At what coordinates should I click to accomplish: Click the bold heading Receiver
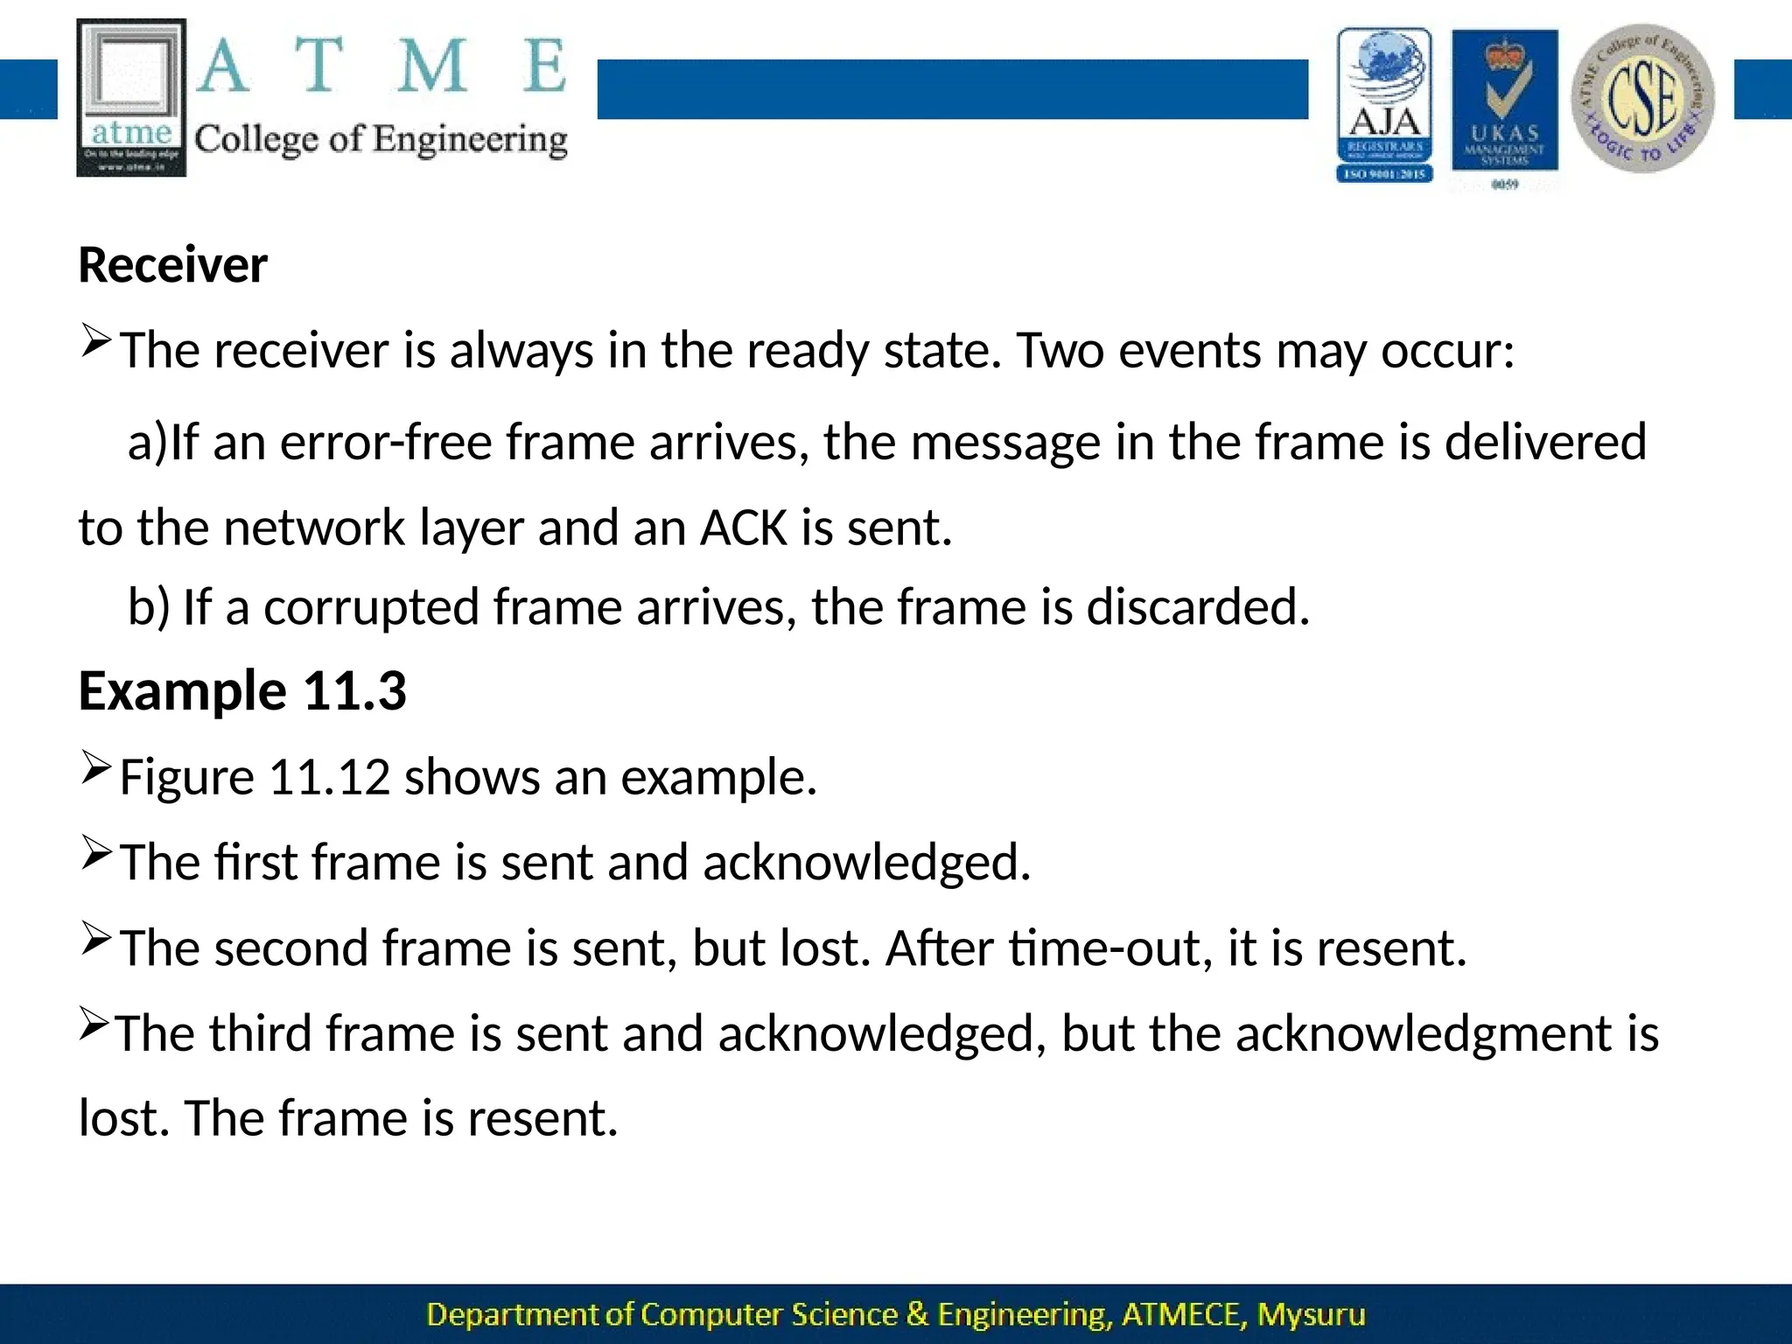(x=172, y=265)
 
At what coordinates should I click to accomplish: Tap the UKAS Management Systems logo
(x=1504, y=103)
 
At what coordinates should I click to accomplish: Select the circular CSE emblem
(x=1642, y=98)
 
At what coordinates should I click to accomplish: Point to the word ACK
(x=744, y=528)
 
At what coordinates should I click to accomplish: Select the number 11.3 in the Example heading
(x=355, y=690)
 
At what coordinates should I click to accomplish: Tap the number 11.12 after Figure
(x=329, y=776)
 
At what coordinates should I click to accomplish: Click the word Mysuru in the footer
(x=1311, y=1314)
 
